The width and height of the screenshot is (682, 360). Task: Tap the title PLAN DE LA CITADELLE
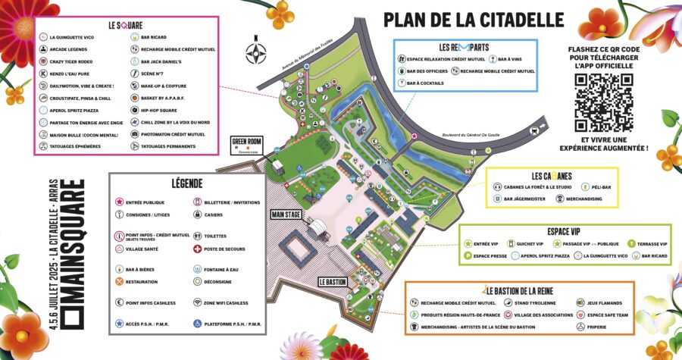click(x=474, y=18)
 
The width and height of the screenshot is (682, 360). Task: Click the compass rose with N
click(x=256, y=52)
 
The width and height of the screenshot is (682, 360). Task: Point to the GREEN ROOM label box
click(x=246, y=144)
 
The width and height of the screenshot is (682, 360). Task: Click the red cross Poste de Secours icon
click(x=199, y=249)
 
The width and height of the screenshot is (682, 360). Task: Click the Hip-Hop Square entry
click(x=155, y=109)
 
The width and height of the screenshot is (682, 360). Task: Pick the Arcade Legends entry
click(x=70, y=49)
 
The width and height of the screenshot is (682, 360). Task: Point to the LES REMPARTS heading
click(x=465, y=46)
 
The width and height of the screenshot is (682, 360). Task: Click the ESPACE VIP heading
click(x=568, y=231)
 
